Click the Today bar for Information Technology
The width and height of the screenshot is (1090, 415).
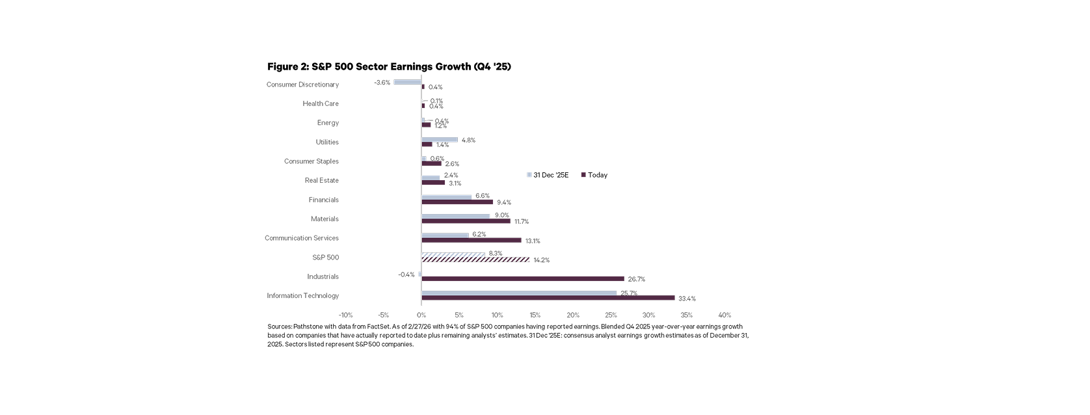tap(548, 298)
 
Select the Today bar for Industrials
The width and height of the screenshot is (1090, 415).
tap(522, 278)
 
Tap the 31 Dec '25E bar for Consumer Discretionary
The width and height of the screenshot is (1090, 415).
tap(407, 82)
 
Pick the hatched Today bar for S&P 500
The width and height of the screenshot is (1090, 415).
tap(475, 260)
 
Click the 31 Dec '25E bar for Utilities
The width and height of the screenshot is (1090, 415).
tap(440, 140)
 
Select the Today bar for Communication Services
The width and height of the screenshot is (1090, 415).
tap(471, 240)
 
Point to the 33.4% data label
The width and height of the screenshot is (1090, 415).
tap(687, 299)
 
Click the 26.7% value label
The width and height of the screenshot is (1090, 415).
tap(636, 280)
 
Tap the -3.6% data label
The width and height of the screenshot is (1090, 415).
tap(382, 83)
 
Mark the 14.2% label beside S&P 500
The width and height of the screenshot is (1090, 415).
tap(541, 260)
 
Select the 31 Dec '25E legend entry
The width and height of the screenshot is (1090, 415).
tap(548, 175)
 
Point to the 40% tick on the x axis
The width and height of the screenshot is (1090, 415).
tap(724, 315)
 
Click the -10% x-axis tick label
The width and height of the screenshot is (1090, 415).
tap(345, 315)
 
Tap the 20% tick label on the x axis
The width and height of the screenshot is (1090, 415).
tap(573, 315)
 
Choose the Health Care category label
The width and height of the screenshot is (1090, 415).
tap(321, 103)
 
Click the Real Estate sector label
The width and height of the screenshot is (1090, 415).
tap(321, 180)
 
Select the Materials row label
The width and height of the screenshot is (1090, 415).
tap(325, 219)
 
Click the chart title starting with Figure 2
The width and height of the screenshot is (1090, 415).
tap(389, 67)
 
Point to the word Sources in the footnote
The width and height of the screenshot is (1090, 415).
tap(280, 327)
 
